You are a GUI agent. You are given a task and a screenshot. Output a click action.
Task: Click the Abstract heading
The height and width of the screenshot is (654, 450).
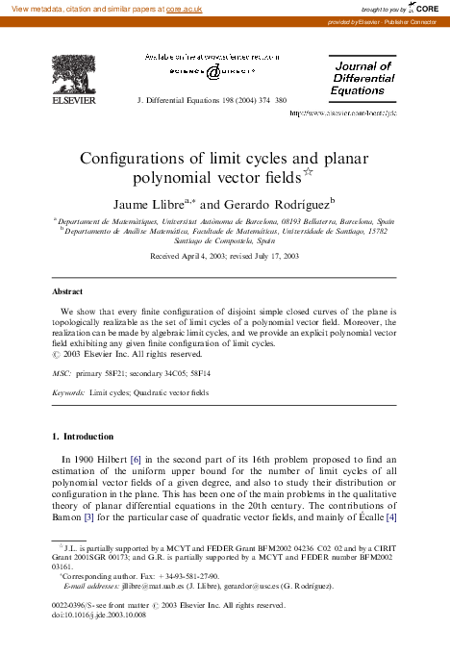pyautogui.click(x=66, y=289)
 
